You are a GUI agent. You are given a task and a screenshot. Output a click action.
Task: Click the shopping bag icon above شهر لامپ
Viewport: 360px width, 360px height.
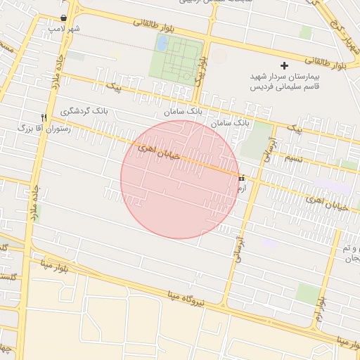pos(64,18)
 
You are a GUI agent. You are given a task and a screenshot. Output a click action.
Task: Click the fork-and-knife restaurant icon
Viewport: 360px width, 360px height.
pos(44,117)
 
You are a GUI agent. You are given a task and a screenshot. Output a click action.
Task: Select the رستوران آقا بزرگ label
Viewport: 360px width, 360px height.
pos(42,129)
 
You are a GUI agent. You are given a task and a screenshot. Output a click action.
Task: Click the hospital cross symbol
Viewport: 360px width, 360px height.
pos(284,65)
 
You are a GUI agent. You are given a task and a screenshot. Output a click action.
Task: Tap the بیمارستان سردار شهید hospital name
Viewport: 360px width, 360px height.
pos(285,76)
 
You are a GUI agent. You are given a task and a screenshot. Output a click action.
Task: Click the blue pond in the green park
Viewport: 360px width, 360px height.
pos(162,44)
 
